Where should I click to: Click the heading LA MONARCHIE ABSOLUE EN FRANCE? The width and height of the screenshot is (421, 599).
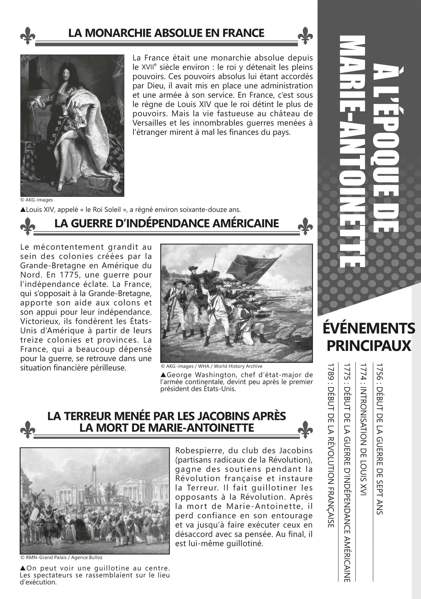coord(166,33)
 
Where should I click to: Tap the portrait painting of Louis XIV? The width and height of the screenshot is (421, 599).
coord(72,125)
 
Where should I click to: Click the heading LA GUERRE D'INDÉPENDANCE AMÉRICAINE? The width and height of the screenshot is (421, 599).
coord(166,224)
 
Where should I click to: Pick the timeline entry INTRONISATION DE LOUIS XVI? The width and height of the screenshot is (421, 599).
coord(363,441)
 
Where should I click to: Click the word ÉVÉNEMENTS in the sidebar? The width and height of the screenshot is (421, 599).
coord(369,328)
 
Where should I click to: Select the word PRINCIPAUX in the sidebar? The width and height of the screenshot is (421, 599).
coord(369,346)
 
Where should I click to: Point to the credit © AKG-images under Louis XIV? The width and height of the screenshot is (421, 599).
coord(36,200)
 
